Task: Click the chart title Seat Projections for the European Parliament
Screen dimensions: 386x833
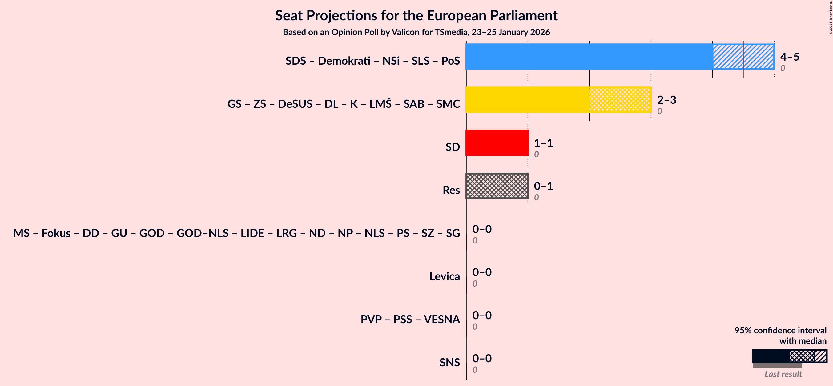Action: pos(416,15)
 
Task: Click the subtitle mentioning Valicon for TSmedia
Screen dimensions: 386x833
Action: pos(416,32)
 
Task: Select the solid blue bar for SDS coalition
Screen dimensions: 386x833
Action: pos(589,57)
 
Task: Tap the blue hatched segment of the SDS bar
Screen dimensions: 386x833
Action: pos(728,57)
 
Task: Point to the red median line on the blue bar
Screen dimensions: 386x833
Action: pos(743,60)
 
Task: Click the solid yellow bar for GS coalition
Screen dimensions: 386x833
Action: pos(527,99)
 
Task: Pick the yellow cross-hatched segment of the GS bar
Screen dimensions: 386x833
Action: pos(620,99)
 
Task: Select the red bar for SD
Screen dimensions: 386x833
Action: pos(497,143)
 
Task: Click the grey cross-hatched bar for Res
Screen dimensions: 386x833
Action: pos(497,186)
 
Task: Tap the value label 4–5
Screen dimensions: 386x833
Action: pos(789,57)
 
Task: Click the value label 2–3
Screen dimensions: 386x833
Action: pos(666,99)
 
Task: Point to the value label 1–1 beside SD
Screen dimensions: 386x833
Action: pos(543,143)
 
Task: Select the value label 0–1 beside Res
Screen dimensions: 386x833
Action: pos(543,186)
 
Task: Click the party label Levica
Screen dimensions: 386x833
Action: pos(444,276)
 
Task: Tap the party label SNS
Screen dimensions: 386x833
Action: pos(449,362)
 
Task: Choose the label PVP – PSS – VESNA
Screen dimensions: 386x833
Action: pos(410,320)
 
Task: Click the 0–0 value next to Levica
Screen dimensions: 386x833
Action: pos(482,272)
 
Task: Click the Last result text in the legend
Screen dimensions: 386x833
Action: pos(783,374)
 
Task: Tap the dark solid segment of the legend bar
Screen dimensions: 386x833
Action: pos(770,356)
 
